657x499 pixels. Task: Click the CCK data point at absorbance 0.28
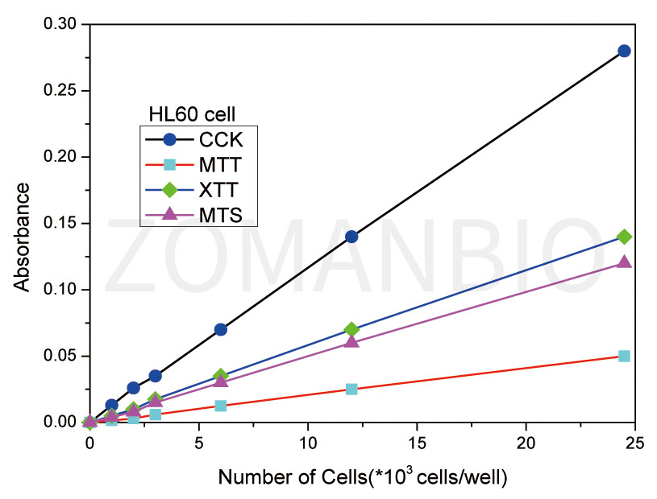(x=623, y=51)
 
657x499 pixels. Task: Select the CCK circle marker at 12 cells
(x=351, y=237)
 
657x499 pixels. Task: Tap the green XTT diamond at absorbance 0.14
(x=623, y=237)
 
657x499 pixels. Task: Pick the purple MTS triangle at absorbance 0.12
(x=623, y=262)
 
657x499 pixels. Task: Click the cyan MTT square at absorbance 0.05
(x=623, y=356)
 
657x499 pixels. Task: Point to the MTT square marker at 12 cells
(x=351, y=389)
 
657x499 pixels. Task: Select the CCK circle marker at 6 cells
(x=220, y=329)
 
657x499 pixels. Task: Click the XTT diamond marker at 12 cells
(x=351, y=329)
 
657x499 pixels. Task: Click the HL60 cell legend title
(x=191, y=113)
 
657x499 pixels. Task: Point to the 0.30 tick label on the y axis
(x=60, y=25)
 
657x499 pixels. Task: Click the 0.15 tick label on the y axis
(x=60, y=224)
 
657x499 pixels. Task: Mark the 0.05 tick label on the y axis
(x=60, y=356)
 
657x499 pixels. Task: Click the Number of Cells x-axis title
(x=362, y=478)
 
